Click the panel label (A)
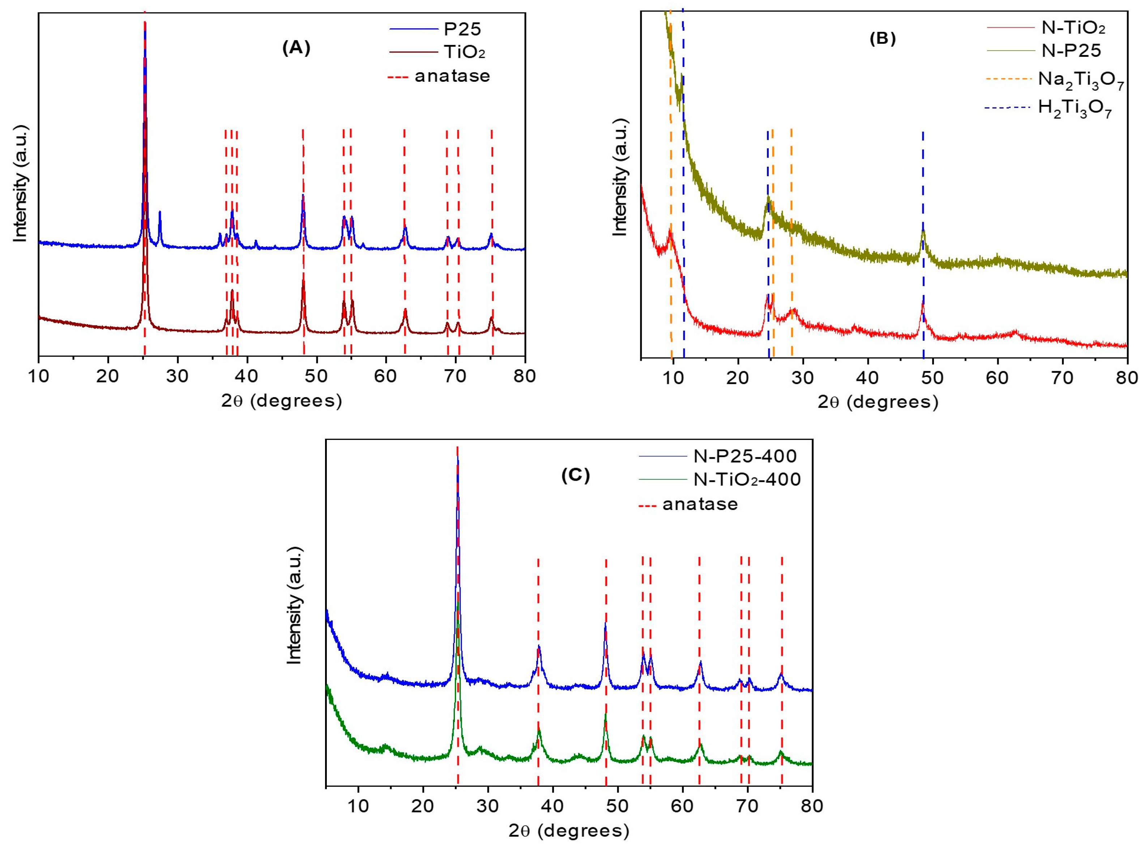pyautogui.click(x=296, y=48)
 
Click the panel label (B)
pyautogui.click(x=883, y=39)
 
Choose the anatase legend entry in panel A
pyautogui.click(x=452, y=76)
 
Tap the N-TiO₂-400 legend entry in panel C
pyautogui.click(x=747, y=479)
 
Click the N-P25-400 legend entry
pyautogui.click(x=744, y=456)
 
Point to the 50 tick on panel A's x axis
pyautogui.click(x=316, y=376)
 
